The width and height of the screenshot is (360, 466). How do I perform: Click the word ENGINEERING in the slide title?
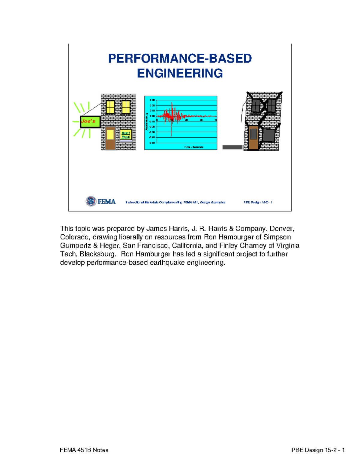[x=180, y=73]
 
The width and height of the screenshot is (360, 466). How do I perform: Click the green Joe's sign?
[x=90, y=122]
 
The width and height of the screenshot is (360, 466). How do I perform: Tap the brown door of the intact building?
[x=110, y=138]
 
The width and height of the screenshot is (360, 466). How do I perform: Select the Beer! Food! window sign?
[x=126, y=135]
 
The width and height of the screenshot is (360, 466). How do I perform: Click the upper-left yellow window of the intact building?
[x=110, y=107]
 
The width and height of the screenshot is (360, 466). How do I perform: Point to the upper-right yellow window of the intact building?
[x=126, y=107]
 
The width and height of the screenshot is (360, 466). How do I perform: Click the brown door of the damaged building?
[x=253, y=138]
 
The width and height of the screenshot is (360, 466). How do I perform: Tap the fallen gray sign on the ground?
[x=232, y=147]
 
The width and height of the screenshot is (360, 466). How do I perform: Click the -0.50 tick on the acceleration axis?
[x=152, y=143]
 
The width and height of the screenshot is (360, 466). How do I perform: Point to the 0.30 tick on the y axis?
[x=152, y=100]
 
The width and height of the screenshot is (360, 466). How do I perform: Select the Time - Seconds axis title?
[x=194, y=147]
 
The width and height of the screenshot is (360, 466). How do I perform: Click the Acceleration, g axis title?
[x=146, y=122]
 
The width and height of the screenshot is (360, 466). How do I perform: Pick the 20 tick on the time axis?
[x=186, y=120]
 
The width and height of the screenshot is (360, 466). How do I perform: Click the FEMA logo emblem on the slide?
[x=91, y=201]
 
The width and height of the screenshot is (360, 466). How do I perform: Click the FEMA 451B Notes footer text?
[x=84, y=450]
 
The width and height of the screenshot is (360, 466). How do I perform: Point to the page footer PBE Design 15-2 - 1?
[x=318, y=450]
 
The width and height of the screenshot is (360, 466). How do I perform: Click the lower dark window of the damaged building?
[x=268, y=135]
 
